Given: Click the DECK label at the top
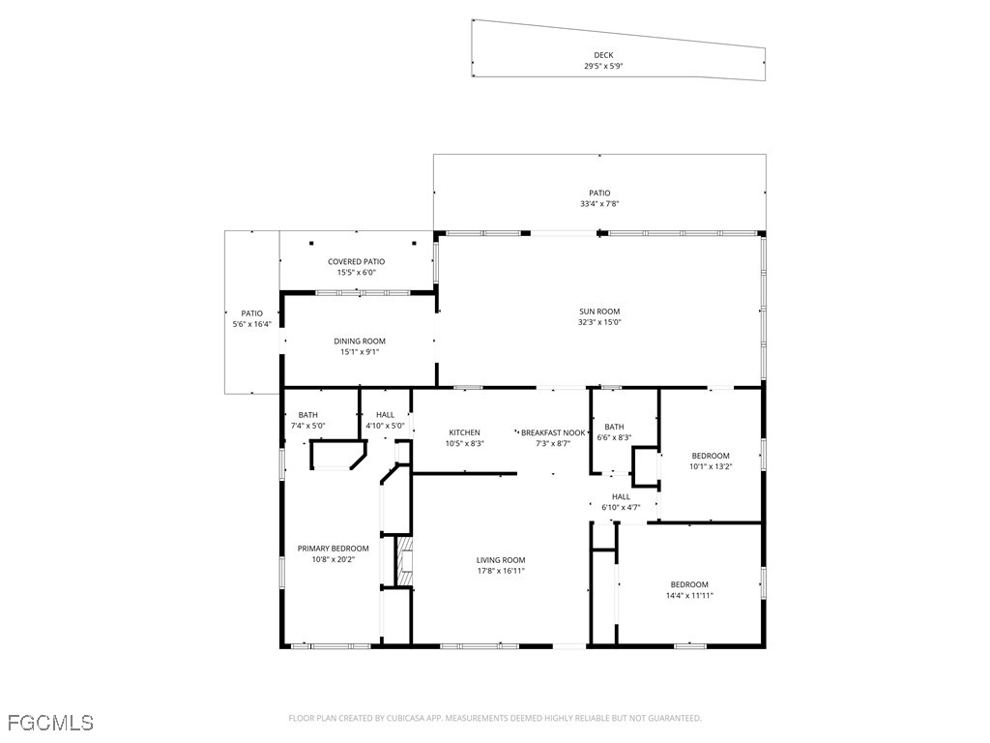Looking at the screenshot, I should pos(603,55).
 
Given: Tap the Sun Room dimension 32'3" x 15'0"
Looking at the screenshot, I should pos(599,322).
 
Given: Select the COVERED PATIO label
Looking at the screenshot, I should pos(356,261).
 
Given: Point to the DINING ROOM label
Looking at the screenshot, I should pos(360,341).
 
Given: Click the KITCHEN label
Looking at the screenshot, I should pos(464,432).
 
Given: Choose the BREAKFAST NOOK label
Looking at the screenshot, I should pos(553,432).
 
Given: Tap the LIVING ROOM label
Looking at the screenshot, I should pos(501,560).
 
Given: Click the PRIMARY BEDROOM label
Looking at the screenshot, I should pos(333,549).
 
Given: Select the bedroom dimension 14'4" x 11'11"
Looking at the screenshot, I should pos(689,595).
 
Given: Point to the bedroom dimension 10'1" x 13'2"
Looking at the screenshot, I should pos(711,466).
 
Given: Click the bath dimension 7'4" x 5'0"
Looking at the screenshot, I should pos(307,426).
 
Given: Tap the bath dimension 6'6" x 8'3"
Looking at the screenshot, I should pos(614,437).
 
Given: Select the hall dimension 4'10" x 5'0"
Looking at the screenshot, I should pos(385,426).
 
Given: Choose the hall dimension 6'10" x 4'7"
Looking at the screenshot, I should pos(621,507).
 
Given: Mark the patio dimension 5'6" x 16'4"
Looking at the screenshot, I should pos(251,324).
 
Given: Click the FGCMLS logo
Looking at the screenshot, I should pos(50,723).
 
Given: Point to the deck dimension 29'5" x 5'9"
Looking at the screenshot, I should pos(603,67).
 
